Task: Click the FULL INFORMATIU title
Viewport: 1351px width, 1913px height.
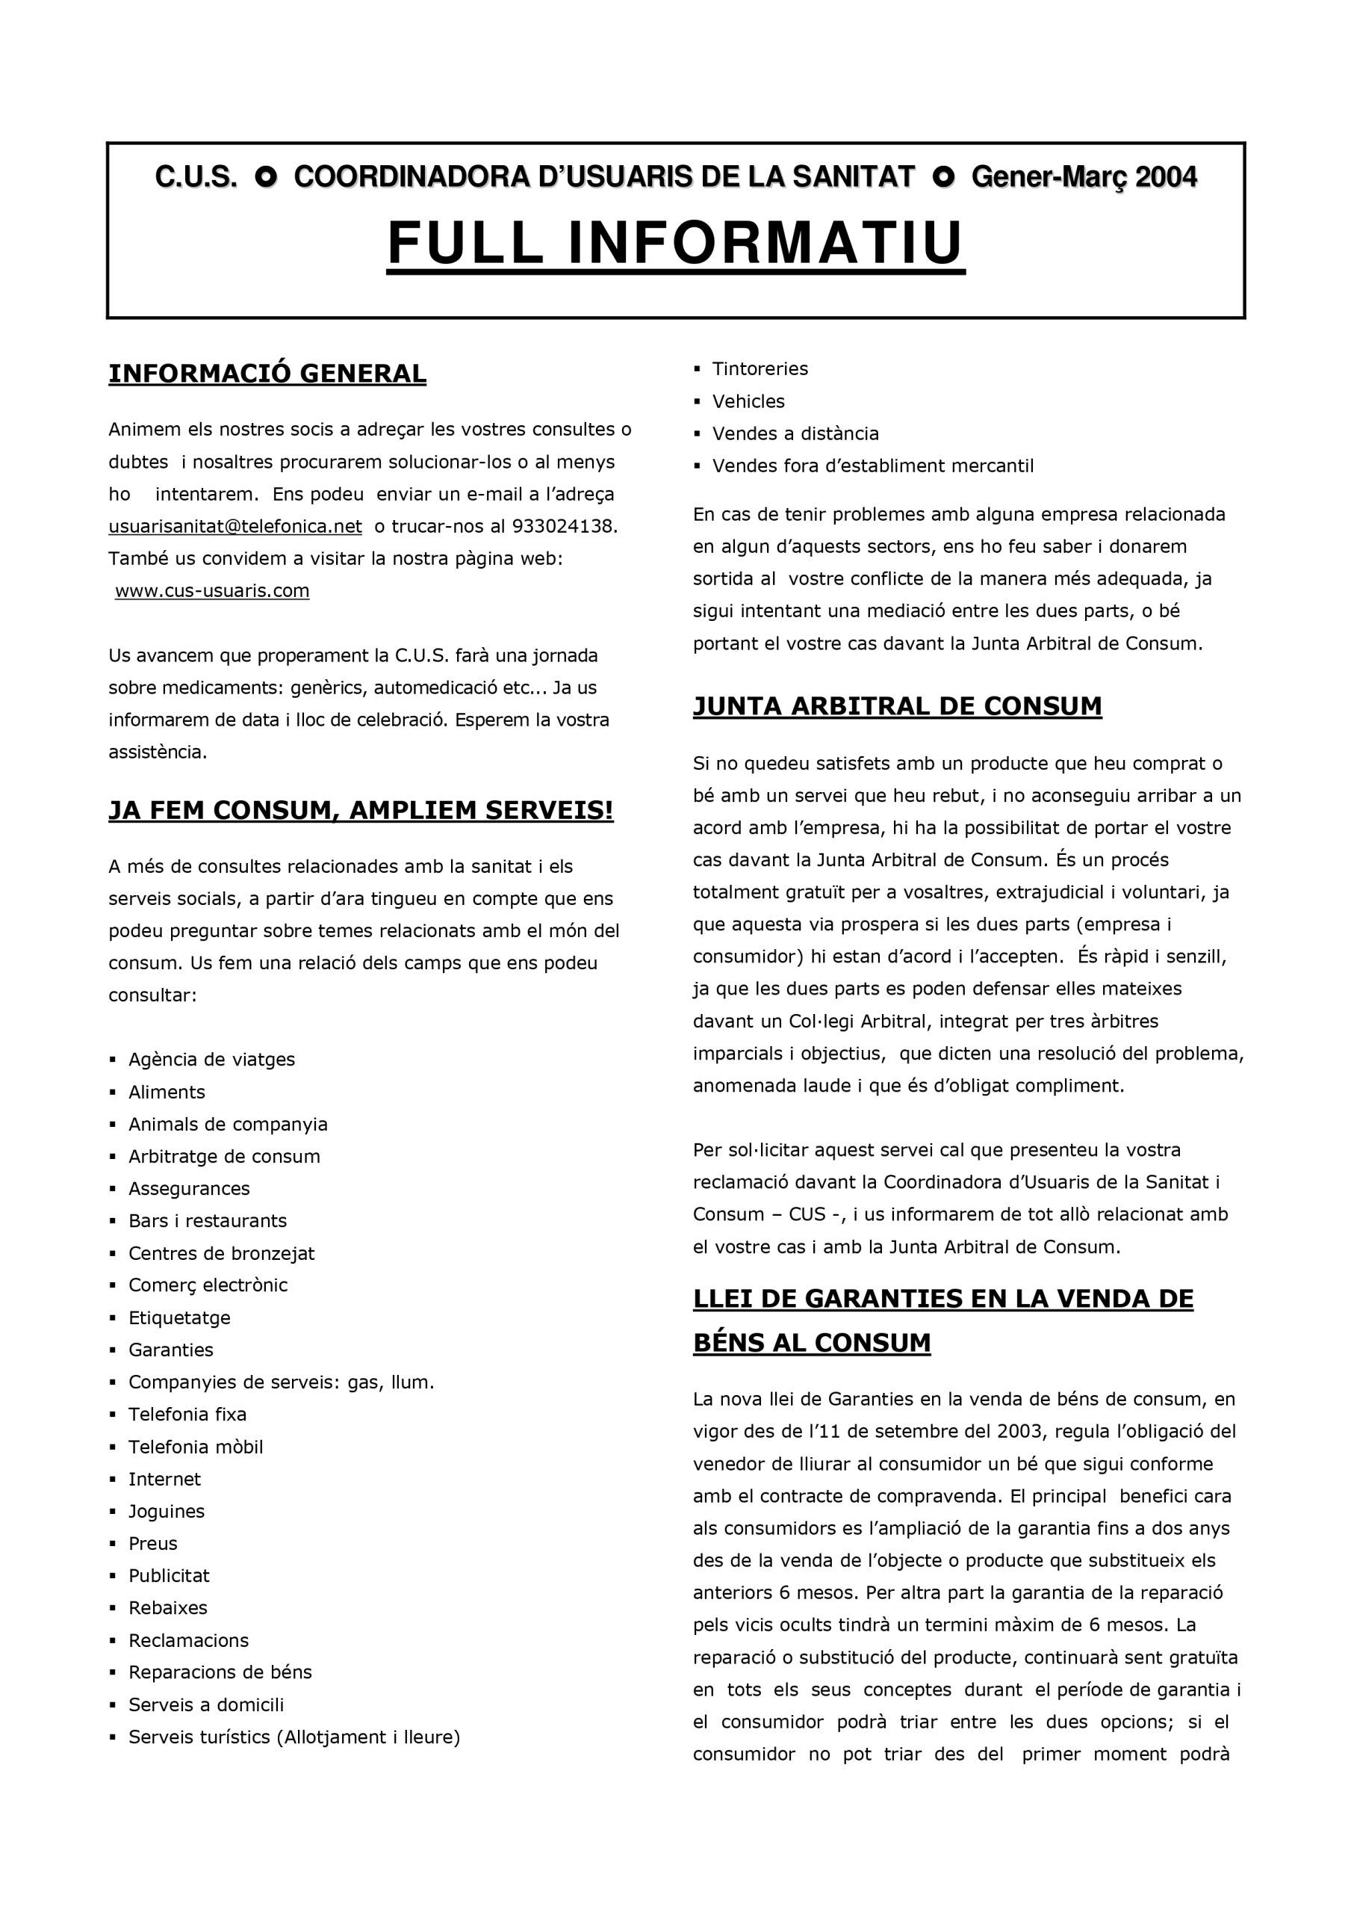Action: [x=675, y=244]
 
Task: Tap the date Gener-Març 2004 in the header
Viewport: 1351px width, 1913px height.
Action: [x=1084, y=177]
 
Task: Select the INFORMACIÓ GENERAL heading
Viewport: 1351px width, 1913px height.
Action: [x=267, y=374]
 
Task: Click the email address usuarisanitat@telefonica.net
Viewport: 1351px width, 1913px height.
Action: [x=235, y=527]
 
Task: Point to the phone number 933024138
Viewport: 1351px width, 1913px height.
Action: [x=564, y=527]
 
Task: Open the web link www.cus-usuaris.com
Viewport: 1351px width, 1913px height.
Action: [x=211, y=591]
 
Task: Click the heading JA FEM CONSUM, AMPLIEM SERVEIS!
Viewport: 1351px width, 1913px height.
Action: [x=361, y=810]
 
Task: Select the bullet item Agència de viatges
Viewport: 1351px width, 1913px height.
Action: [x=211, y=1060]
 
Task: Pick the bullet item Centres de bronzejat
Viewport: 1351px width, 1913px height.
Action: [x=221, y=1253]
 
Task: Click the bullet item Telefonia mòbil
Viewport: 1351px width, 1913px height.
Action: [x=196, y=1447]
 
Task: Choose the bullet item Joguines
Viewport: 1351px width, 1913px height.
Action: [x=166, y=1512]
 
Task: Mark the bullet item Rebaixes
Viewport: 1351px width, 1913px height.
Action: [x=167, y=1607]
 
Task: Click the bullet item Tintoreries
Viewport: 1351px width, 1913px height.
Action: [x=760, y=369]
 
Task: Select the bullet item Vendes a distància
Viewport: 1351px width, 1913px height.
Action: [x=795, y=433]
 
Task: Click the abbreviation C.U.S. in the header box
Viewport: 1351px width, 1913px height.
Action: [x=196, y=177]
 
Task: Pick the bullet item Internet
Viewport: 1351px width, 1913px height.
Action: [x=164, y=1479]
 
